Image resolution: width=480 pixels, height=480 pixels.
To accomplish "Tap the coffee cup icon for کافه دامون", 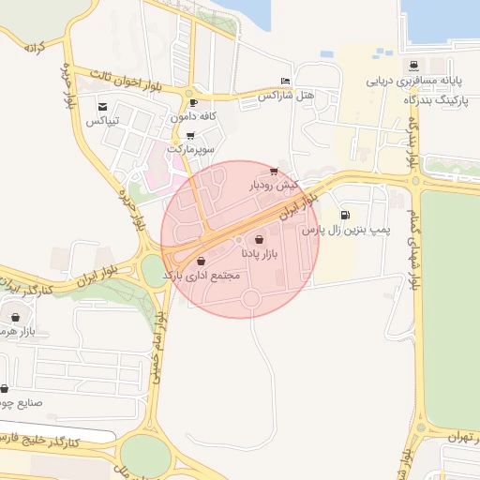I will tap(193, 103).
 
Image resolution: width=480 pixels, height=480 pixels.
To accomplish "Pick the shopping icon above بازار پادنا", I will tap(259, 240).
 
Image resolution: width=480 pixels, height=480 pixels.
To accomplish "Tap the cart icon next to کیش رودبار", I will tap(273, 172).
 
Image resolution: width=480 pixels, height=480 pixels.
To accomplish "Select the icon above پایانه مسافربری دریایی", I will tap(412, 66).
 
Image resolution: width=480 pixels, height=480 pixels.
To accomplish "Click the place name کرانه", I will tap(35, 46).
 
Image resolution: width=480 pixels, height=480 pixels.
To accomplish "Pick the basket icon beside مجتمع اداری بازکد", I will tap(202, 261).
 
